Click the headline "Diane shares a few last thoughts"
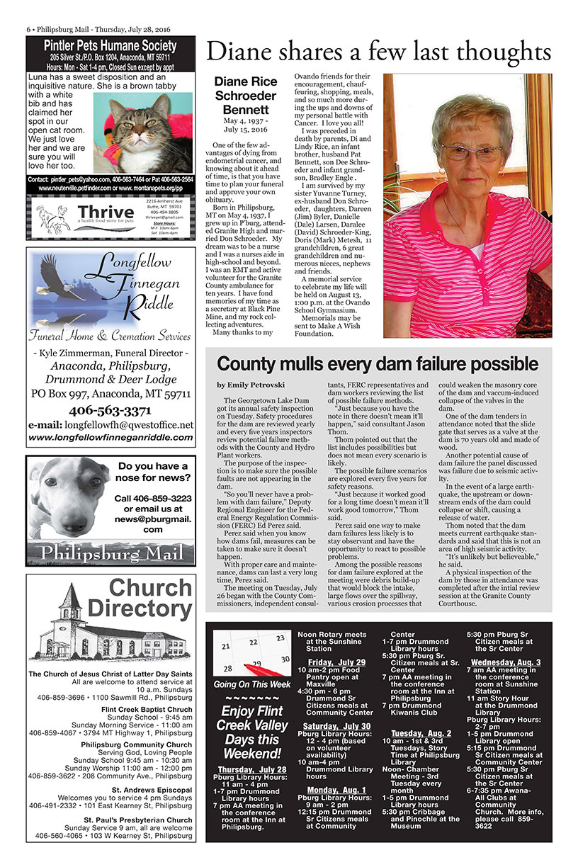[378, 52]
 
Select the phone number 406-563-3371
[110, 411]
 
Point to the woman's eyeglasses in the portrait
[471, 152]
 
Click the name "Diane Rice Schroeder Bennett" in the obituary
[245, 96]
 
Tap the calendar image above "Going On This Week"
[251, 652]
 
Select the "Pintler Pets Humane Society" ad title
[110, 46]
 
